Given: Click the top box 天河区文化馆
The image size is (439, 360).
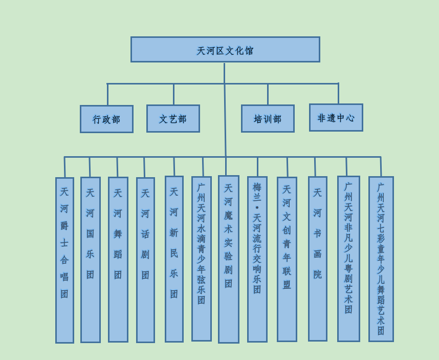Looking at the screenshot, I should pos(225,50).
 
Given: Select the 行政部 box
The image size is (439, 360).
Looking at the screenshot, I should pos(106,119).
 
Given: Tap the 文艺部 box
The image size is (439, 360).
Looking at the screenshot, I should pos(173,118).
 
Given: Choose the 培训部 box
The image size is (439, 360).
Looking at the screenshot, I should pos(268,118).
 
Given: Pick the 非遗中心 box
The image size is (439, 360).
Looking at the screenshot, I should pos(336,117).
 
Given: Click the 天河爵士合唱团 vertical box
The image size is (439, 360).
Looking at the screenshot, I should pos(64,260).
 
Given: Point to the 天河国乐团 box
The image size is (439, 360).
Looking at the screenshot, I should pos(91,260).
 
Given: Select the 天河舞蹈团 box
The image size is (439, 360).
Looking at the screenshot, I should pos(118,259).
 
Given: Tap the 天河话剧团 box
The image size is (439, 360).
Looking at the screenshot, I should pos(145,260).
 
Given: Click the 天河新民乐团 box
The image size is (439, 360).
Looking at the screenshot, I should pos(174,259).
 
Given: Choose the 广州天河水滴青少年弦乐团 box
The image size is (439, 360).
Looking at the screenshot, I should pos(202,259).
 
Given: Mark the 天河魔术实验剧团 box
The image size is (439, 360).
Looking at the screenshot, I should pos(229,259).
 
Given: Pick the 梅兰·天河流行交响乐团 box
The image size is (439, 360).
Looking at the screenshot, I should pos(257,259).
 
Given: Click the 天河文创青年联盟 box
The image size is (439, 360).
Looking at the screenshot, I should pos(287,259).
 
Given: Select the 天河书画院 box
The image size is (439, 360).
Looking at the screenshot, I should pos(318,259).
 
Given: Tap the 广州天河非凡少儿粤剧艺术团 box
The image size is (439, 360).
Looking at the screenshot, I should pos(348,259).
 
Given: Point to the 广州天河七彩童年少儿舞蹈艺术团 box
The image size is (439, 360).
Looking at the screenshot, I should pos(381,259).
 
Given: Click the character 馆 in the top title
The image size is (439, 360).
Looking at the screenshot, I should pos(249,51).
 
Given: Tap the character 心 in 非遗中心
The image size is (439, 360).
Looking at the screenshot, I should pos(350,118).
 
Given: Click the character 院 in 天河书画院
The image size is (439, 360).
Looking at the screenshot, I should pos(318,274).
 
